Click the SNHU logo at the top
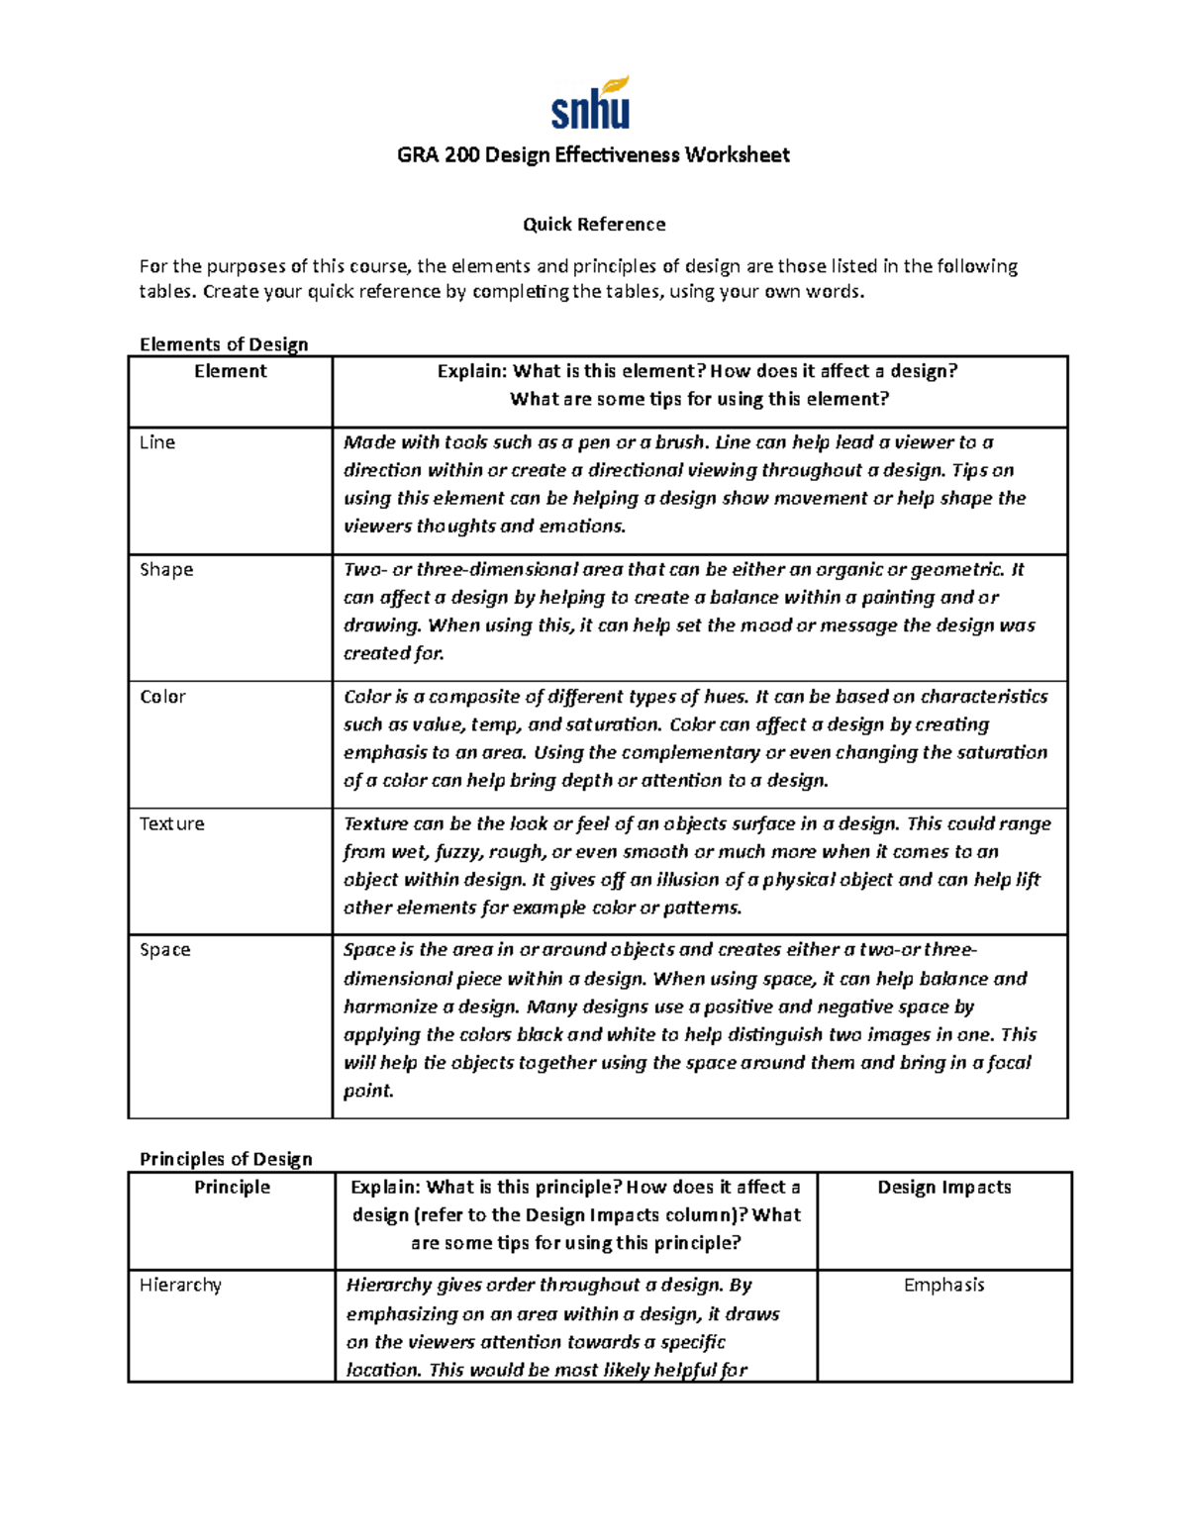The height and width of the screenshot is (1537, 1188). point(591,104)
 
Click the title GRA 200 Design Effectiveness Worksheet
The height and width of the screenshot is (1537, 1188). point(593,154)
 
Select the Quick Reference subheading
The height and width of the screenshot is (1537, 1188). point(593,225)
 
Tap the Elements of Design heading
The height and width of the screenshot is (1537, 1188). point(224,344)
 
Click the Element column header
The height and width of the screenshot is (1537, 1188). point(230,371)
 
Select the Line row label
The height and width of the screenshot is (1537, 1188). point(157,442)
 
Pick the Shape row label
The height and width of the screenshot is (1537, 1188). point(166,569)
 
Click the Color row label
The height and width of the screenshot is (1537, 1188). point(162,697)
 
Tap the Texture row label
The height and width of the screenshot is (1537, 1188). point(172,823)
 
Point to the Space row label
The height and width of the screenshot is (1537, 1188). point(165,950)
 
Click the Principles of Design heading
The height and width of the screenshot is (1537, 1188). point(226,1159)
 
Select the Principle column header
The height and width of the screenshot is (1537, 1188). point(232,1187)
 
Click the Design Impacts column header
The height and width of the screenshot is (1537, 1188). point(944,1187)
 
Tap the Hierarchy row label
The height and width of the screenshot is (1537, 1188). point(180,1285)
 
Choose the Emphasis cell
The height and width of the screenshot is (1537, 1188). point(944,1285)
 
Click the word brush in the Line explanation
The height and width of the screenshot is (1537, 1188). point(682,442)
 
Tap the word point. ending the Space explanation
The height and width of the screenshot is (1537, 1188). point(368,1091)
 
